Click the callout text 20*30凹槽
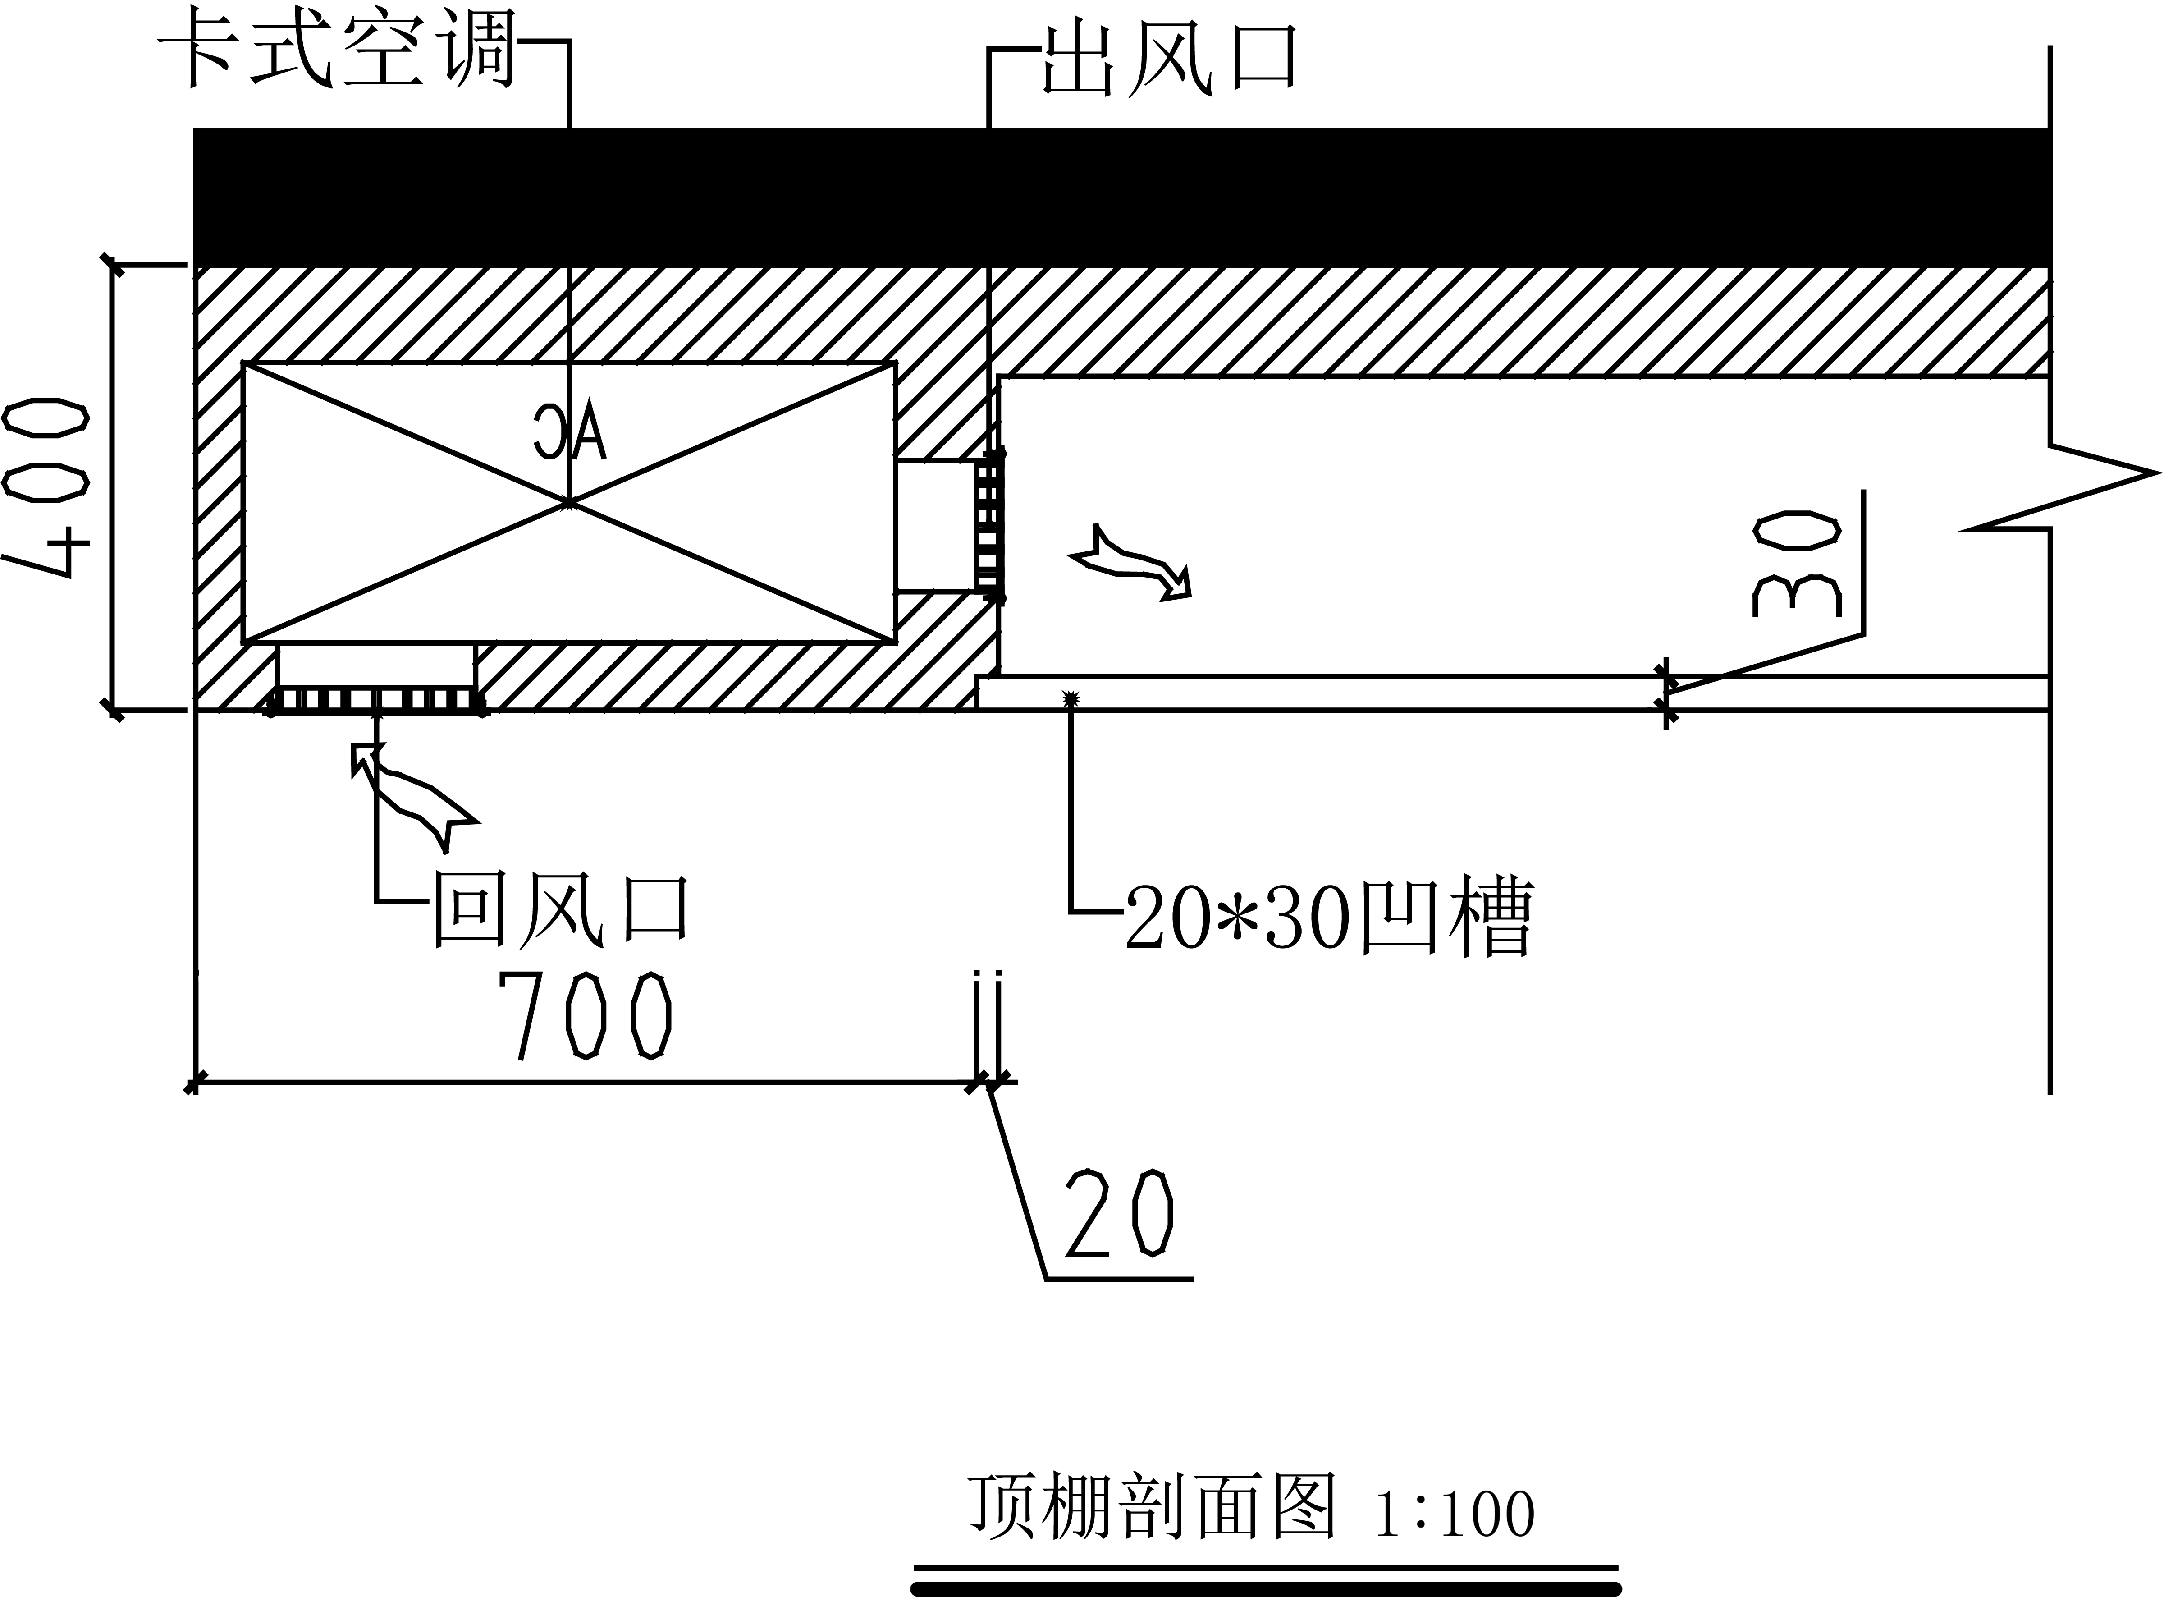coord(1329,917)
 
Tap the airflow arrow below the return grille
coord(411,794)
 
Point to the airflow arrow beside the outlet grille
coord(1131,564)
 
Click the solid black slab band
coord(1121,197)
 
